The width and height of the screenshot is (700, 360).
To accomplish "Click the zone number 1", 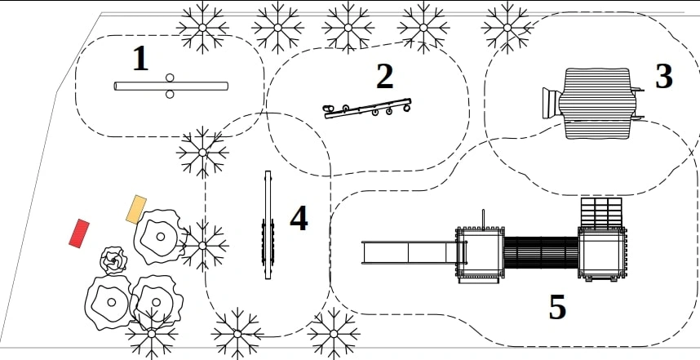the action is [x=140, y=59].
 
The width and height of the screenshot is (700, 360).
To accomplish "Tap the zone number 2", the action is [x=385, y=77].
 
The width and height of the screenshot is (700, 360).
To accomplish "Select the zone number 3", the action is [x=663, y=77].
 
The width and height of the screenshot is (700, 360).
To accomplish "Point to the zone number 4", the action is [x=299, y=219].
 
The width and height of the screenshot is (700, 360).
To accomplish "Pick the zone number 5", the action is [x=557, y=307].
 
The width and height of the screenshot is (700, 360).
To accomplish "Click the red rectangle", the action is [x=79, y=233].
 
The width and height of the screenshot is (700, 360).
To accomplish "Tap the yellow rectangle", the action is [x=136, y=210].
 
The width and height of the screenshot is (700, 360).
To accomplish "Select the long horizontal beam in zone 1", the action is [x=171, y=86].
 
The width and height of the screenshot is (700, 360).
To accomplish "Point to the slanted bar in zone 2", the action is [x=367, y=109].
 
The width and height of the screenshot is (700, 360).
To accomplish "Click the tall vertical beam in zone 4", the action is [x=268, y=224].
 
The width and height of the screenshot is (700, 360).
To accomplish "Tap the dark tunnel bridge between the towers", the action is [x=541, y=252].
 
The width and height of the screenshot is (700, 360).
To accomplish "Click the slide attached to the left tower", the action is [x=409, y=252].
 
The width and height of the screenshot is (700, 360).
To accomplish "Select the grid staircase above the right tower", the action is [x=601, y=212].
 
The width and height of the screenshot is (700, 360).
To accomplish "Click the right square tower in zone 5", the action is [x=602, y=252].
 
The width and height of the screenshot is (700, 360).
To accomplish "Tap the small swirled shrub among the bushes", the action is [x=113, y=260].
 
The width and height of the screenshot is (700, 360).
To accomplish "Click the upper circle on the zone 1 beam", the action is [x=170, y=78].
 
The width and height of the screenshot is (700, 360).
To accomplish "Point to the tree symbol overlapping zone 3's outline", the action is [x=507, y=28].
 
